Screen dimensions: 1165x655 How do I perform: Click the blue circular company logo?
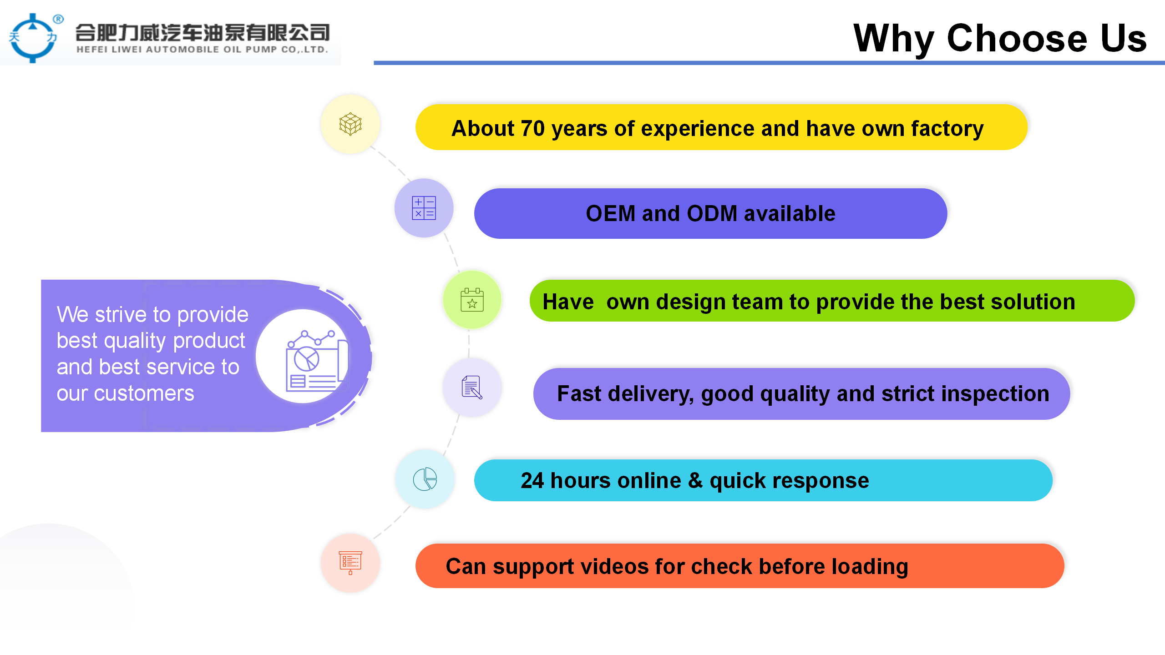click(x=33, y=38)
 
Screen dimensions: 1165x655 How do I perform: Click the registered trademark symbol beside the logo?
click(x=58, y=19)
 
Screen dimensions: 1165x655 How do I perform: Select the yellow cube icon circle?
click(x=350, y=124)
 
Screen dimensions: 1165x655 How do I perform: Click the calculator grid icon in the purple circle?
click(x=424, y=208)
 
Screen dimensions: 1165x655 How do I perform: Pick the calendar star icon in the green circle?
click(x=472, y=300)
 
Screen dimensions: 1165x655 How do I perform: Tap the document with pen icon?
click(x=472, y=387)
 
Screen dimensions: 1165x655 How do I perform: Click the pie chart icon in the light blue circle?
click(x=425, y=479)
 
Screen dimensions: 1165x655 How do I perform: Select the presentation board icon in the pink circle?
click(x=350, y=563)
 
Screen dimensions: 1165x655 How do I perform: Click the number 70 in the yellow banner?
click(x=533, y=129)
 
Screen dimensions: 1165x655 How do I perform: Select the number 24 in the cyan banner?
click(x=532, y=480)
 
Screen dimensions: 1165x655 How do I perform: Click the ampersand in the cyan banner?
click(x=695, y=480)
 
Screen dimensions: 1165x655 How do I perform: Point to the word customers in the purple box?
click(x=144, y=393)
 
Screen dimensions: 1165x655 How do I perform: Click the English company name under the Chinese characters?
click(x=203, y=50)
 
